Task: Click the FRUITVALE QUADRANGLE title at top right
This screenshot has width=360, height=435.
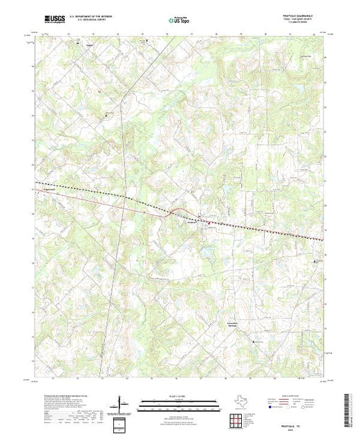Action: tap(304, 14)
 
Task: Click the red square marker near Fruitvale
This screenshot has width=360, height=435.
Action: tap(209, 222)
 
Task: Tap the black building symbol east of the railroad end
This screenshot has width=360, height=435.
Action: tap(318, 262)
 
